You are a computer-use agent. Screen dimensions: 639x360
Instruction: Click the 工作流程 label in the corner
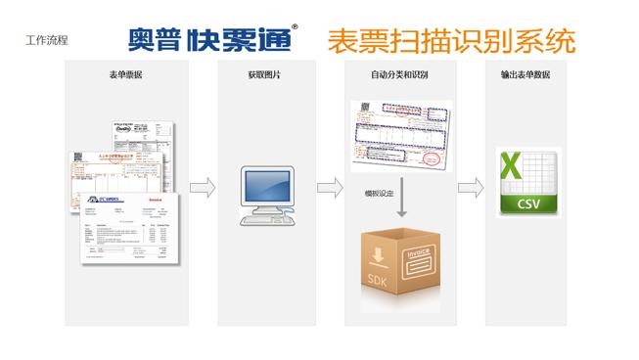click(48, 42)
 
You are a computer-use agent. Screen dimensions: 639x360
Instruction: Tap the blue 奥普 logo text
click(154, 38)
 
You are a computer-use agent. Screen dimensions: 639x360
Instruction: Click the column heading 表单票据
click(124, 75)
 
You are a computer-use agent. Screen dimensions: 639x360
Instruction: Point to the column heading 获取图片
click(265, 75)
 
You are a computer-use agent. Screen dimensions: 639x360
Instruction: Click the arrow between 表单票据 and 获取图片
click(202, 186)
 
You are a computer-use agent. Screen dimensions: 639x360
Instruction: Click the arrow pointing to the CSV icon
click(472, 186)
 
